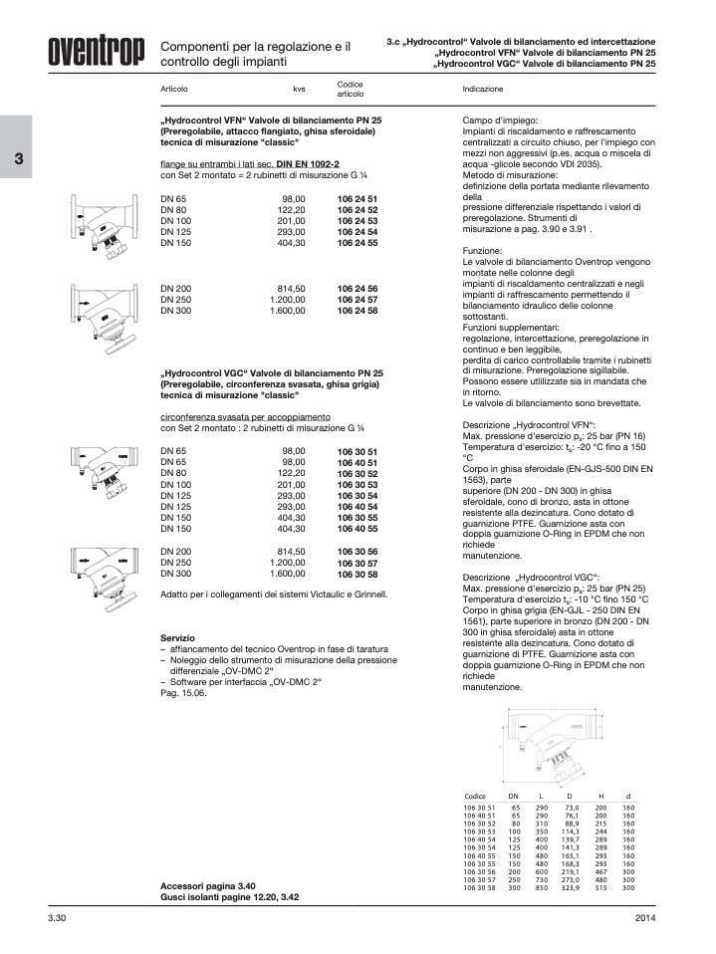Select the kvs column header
(299, 90)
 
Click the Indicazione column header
(483, 90)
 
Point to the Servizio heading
(177, 637)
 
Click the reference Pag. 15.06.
(183, 693)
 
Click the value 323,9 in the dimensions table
(572, 888)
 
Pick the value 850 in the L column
(542, 888)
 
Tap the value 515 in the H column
(600, 888)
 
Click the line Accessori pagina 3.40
(208, 885)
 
